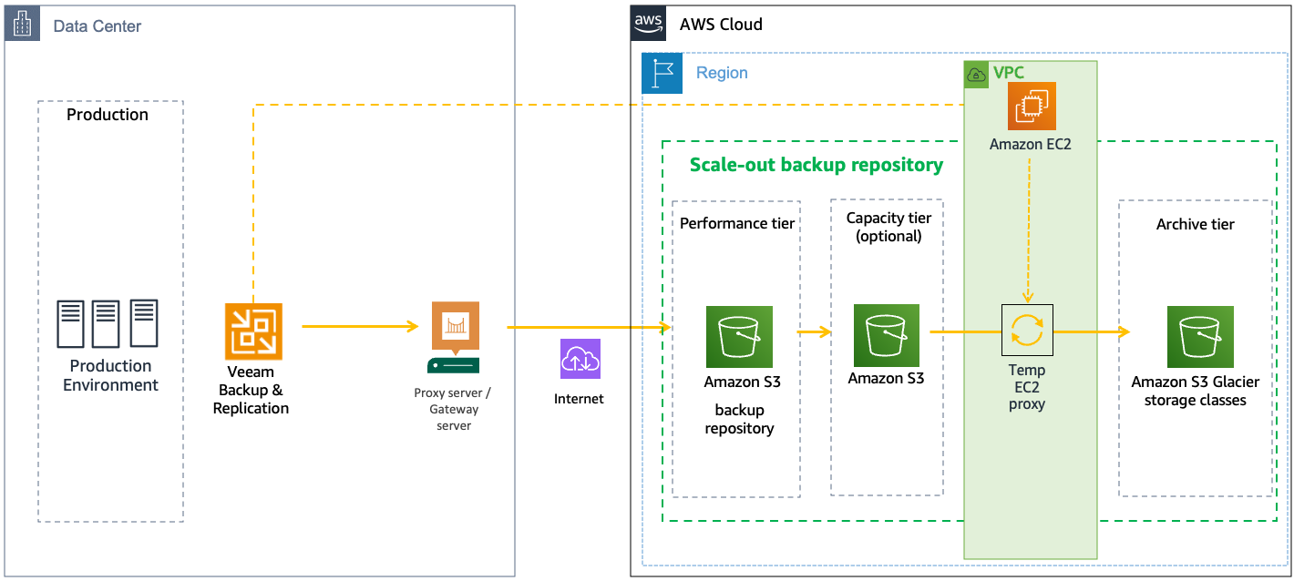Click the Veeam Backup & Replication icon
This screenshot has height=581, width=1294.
pyautogui.click(x=253, y=331)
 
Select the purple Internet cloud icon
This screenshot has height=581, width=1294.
pyautogui.click(x=580, y=359)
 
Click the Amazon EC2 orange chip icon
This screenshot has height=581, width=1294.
pyautogui.click(x=1032, y=107)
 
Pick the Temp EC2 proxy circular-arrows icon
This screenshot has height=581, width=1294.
pyautogui.click(x=1027, y=330)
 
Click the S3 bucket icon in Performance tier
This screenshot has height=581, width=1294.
pyautogui.click(x=739, y=336)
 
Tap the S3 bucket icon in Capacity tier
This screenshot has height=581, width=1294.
pyautogui.click(x=886, y=335)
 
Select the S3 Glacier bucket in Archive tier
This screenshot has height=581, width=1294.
pyautogui.click(x=1200, y=336)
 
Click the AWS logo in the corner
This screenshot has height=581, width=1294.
pyautogui.click(x=649, y=23)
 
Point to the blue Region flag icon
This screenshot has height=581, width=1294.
pyautogui.click(x=662, y=73)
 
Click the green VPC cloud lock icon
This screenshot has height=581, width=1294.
pyautogui.click(x=976, y=74)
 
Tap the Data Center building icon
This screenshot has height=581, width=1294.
pyautogui.click(x=23, y=25)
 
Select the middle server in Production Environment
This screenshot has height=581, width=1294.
pyautogui.click(x=107, y=324)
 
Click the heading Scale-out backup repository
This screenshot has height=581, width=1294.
pyautogui.click(x=816, y=165)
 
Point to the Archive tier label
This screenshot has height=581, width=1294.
pyautogui.click(x=1195, y=224)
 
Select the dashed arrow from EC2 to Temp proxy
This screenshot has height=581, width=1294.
pyautogui.click(x=1028, y=228)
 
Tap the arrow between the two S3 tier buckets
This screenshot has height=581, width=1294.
pyautogui.click(x=814, y=332)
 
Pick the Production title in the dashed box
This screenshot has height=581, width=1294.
pyautogui.click(x=108, y=115)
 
